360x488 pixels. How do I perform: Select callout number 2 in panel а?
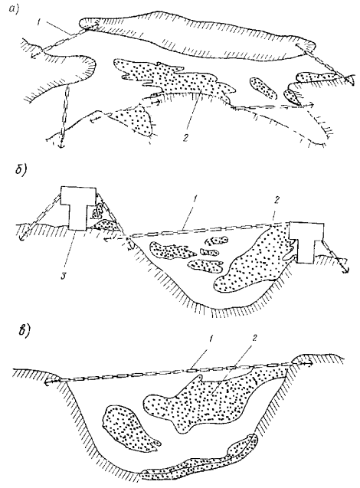coord(186,137)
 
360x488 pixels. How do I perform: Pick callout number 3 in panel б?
coord(64,275)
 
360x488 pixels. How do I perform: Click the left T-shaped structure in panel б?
coord(78,208)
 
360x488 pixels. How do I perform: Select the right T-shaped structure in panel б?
coord(307,242)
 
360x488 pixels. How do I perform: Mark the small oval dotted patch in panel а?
coord(263,87)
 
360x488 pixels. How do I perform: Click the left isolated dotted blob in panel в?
coord(126,428)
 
